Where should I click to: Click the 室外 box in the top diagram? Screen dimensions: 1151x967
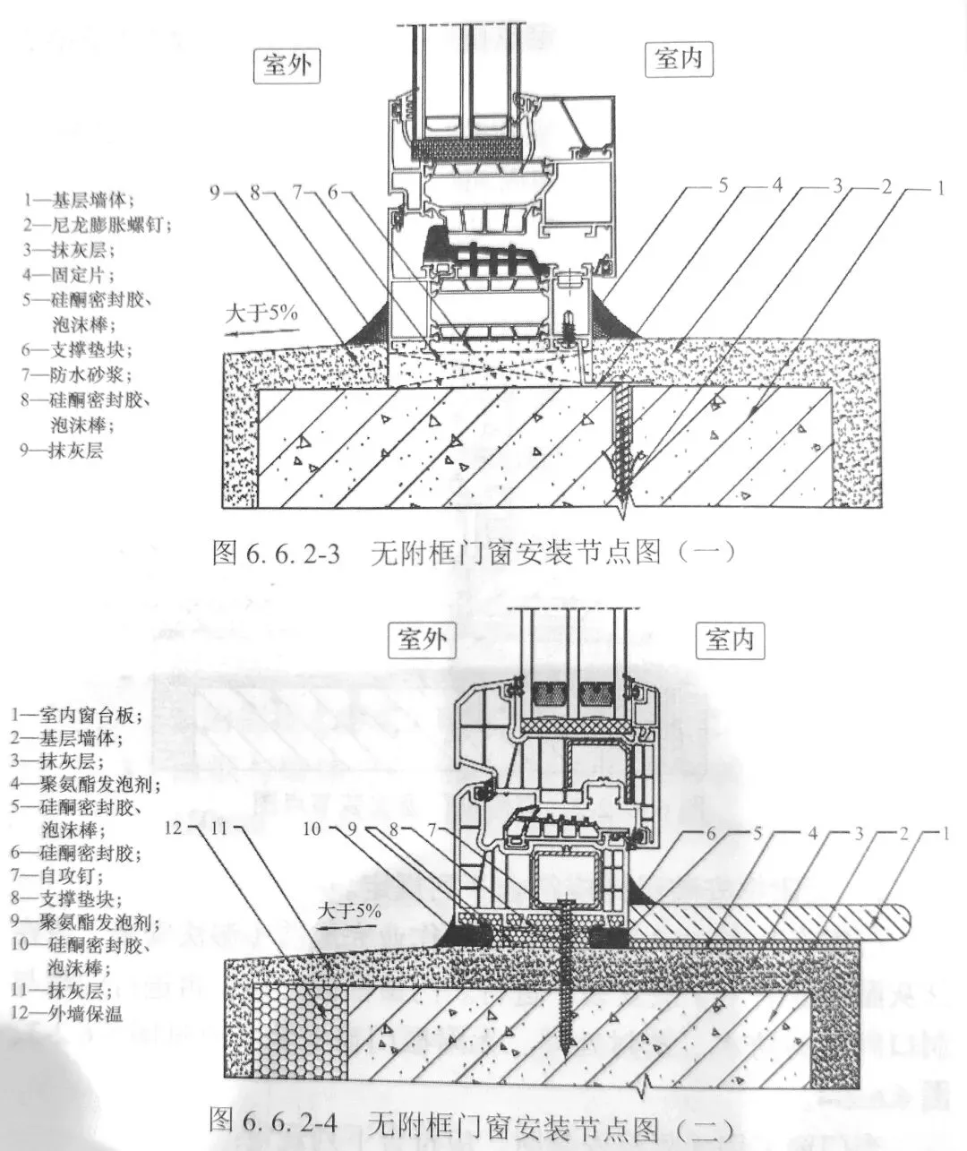tap(287, 65)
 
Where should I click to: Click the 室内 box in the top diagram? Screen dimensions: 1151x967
tap(679, 61)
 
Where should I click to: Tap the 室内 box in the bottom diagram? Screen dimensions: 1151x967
tap(730, 640)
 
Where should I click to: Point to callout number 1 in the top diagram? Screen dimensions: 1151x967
tap(939, 189)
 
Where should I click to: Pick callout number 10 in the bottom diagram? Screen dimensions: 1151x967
tap(311, 829)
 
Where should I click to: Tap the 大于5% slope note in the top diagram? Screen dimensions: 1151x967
tap(261, 314)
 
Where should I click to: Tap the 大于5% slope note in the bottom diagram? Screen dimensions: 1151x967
tap(349, 911)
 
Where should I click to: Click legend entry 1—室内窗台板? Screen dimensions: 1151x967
tap(77, 716)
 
